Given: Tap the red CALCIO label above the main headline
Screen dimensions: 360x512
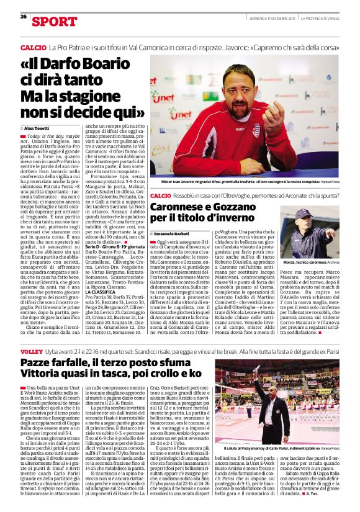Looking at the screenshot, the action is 34,47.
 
